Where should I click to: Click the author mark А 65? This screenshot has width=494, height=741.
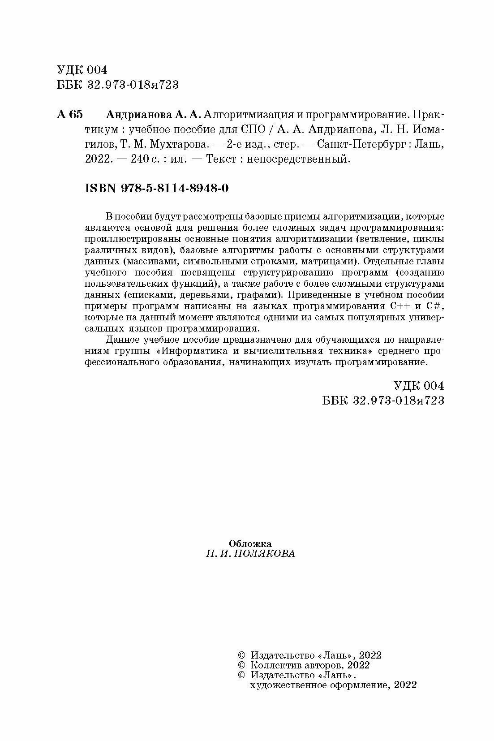pyautogui.click(x=70, y=115)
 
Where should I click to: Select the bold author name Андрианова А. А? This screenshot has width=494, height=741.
pyautogui.click(x=154, y=115)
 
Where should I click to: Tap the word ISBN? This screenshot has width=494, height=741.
pyautogui.click(x=101, y=188)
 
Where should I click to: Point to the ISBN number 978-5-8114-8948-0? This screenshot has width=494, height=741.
pyautogui.click(x=175, y=188)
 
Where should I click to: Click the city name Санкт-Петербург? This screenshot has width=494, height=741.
pyautogui.click(x=355, y=145)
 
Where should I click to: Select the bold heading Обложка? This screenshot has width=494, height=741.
pyautogui.click(x=250, y=543)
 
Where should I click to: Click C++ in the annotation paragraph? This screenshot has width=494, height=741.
pyautogui.click(x=399, y=306)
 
